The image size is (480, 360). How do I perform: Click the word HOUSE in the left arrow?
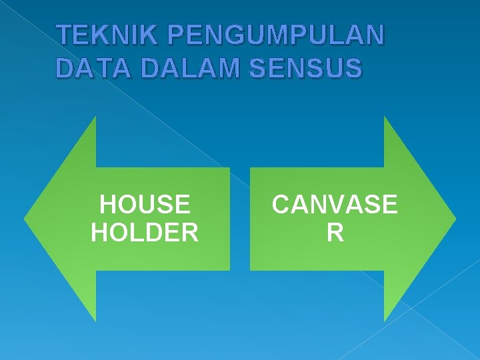coord(144,204)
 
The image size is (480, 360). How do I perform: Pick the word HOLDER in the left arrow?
coord(144,233)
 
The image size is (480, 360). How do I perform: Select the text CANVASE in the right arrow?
coord(335,204)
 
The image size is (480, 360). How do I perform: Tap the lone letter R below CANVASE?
coord(335,233)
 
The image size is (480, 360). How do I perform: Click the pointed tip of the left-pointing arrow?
coord(25,218)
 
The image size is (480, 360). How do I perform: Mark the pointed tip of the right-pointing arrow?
coord(455,218)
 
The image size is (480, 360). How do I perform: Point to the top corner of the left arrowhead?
coord(95,117)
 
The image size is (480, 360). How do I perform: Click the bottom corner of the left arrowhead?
coord(95,321)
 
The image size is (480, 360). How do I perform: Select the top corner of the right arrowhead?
coord(385,117)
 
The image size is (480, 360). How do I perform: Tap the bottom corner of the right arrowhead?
coord(385,321)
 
